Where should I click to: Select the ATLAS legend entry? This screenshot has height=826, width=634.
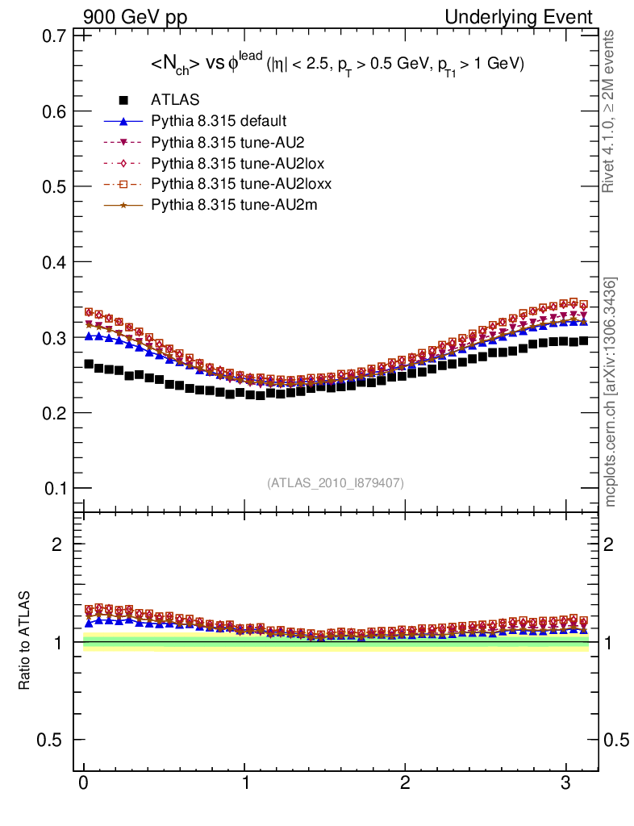(x=175, y=101)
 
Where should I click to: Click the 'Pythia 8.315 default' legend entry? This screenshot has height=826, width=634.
(x=219, y=122)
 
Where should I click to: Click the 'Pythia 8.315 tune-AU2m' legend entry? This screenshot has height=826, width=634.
(x=225, y=206)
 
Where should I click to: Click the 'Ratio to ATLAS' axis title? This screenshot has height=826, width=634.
(x=25, y=641)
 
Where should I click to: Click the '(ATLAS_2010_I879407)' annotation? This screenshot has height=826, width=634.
(x=336, y=482)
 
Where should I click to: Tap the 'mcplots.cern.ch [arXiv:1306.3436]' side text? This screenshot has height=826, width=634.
(x=611, y=392)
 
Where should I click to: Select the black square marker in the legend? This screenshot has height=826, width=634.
(x=124, y=101)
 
